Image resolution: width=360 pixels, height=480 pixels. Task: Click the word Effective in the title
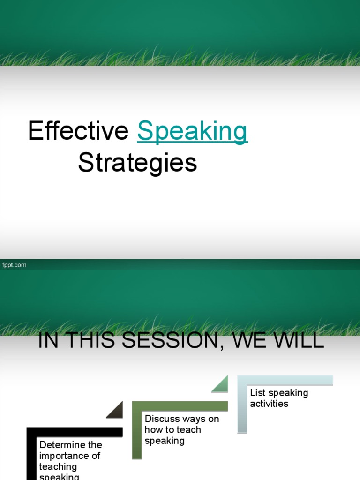click(x=78, y=131)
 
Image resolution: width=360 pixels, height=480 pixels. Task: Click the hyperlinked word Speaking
click(x=192, y=131)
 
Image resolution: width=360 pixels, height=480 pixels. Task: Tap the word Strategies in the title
click(x=137, y=163)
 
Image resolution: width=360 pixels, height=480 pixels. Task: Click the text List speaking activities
click(x=278, y=398)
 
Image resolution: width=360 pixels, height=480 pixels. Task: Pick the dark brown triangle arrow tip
click(x=115, y=410)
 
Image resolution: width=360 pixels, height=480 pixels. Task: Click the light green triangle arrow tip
click(x=220, y=384)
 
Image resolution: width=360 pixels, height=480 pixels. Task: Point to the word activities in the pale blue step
click(x=269, y=404)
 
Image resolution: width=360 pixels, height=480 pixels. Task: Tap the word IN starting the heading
click(x=47, y=341)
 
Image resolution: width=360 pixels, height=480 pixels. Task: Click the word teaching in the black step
click(x=58, y=466)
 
